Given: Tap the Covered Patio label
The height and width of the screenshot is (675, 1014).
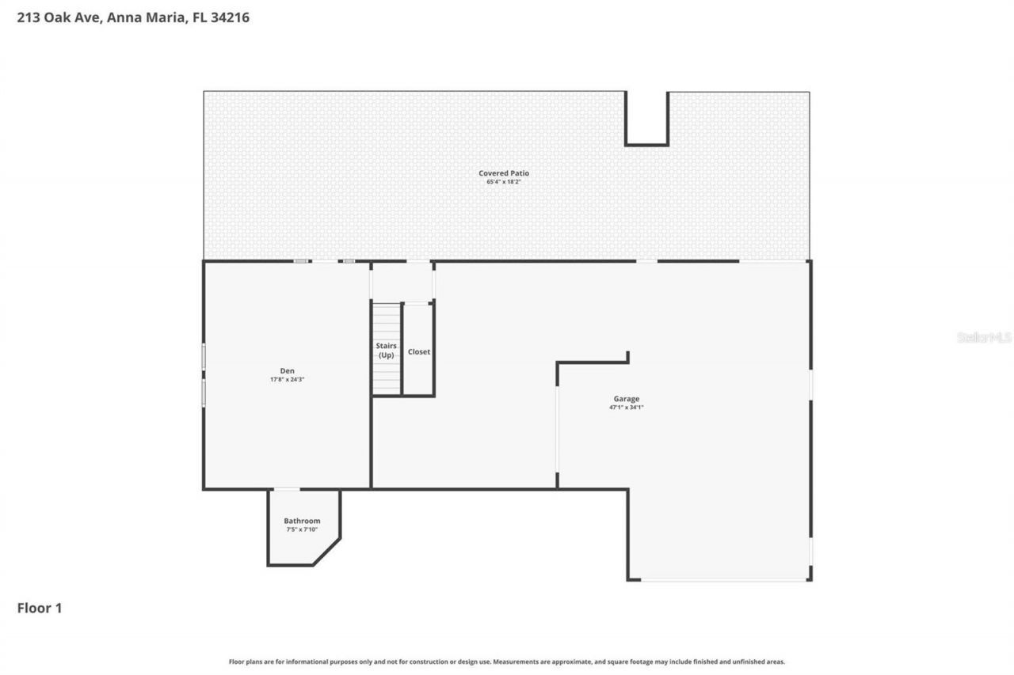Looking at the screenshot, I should (503, 173).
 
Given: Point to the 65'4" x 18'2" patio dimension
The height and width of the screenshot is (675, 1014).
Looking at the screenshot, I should (503, 182).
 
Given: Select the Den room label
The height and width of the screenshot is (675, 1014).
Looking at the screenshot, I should (287, 370).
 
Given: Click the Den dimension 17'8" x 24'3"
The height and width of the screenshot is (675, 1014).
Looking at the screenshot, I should (287, 380).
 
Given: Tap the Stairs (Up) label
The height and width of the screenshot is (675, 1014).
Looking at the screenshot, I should (387, 351).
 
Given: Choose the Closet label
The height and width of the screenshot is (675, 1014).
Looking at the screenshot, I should (418, 351).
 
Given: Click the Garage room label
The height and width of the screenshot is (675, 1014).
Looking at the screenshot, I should (626, 399).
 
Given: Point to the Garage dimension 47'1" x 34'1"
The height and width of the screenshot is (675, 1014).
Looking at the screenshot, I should (626, 408).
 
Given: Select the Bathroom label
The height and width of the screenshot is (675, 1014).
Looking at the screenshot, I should (302, 521).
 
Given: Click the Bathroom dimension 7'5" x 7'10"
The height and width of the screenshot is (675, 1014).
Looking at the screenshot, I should (302, 529).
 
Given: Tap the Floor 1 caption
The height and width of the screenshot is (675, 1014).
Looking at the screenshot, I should (39, 608).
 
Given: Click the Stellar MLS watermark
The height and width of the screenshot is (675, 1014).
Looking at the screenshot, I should (984, 337).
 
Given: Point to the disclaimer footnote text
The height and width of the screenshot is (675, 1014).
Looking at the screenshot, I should (507, 662).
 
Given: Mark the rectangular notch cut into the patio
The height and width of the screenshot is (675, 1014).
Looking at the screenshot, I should (646, 119).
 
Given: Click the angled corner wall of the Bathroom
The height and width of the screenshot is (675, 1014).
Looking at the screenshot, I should (327, 552).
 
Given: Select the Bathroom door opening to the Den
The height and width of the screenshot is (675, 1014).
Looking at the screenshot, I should (287, 489).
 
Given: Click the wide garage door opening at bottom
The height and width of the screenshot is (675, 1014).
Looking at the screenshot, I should (724, 580).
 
